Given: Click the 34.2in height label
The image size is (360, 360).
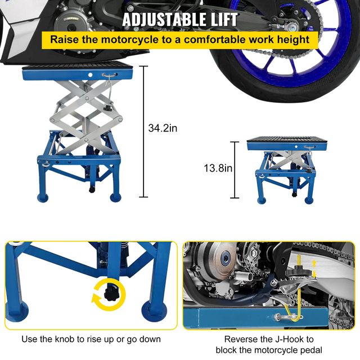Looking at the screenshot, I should tap(163, 128).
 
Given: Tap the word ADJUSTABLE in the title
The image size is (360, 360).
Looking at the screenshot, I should tap(157, 19).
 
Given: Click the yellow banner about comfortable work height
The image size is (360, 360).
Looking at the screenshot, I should tap(180, 40).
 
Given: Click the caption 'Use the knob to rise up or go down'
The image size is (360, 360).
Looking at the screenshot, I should tap(91, 339).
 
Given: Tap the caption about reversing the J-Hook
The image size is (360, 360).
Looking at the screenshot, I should tap(269, 344).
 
